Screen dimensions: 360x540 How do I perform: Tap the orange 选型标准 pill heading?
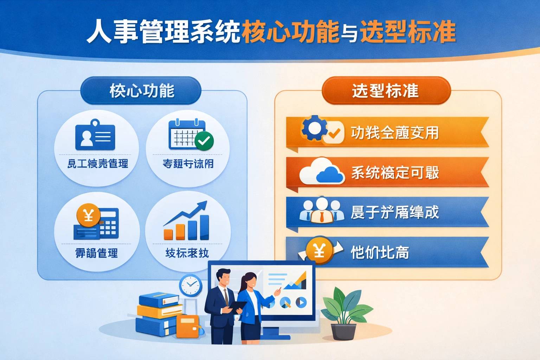pyautogui.click(x=386, y=91)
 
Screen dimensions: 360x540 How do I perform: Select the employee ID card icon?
pyautogui.click(x=95, y=136)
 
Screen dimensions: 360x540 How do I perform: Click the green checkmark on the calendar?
pyautogui.click(x=204, y=141)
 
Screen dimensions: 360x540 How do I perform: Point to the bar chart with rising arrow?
pyautogui.click(x=187, y=221)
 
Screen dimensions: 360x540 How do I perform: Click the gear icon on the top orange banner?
pyautogui.click(x=314, y=128)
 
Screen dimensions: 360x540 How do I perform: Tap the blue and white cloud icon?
pyautogui.click(x=322, y=171)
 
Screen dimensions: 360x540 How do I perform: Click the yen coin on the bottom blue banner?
pyautogui.click(x=319, y=251)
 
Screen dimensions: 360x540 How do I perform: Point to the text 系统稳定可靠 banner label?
pyautogui.click(x=395, y=173)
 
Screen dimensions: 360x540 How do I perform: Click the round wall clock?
pyautogui.click(x=191, y=285)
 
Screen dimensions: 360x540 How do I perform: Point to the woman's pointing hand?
pyautogui.click(x=278, y=291)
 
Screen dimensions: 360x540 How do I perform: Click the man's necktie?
pyautogui.click(x=226, y=297)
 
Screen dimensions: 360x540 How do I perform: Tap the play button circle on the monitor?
pyautogui.click(x=301, y=302)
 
